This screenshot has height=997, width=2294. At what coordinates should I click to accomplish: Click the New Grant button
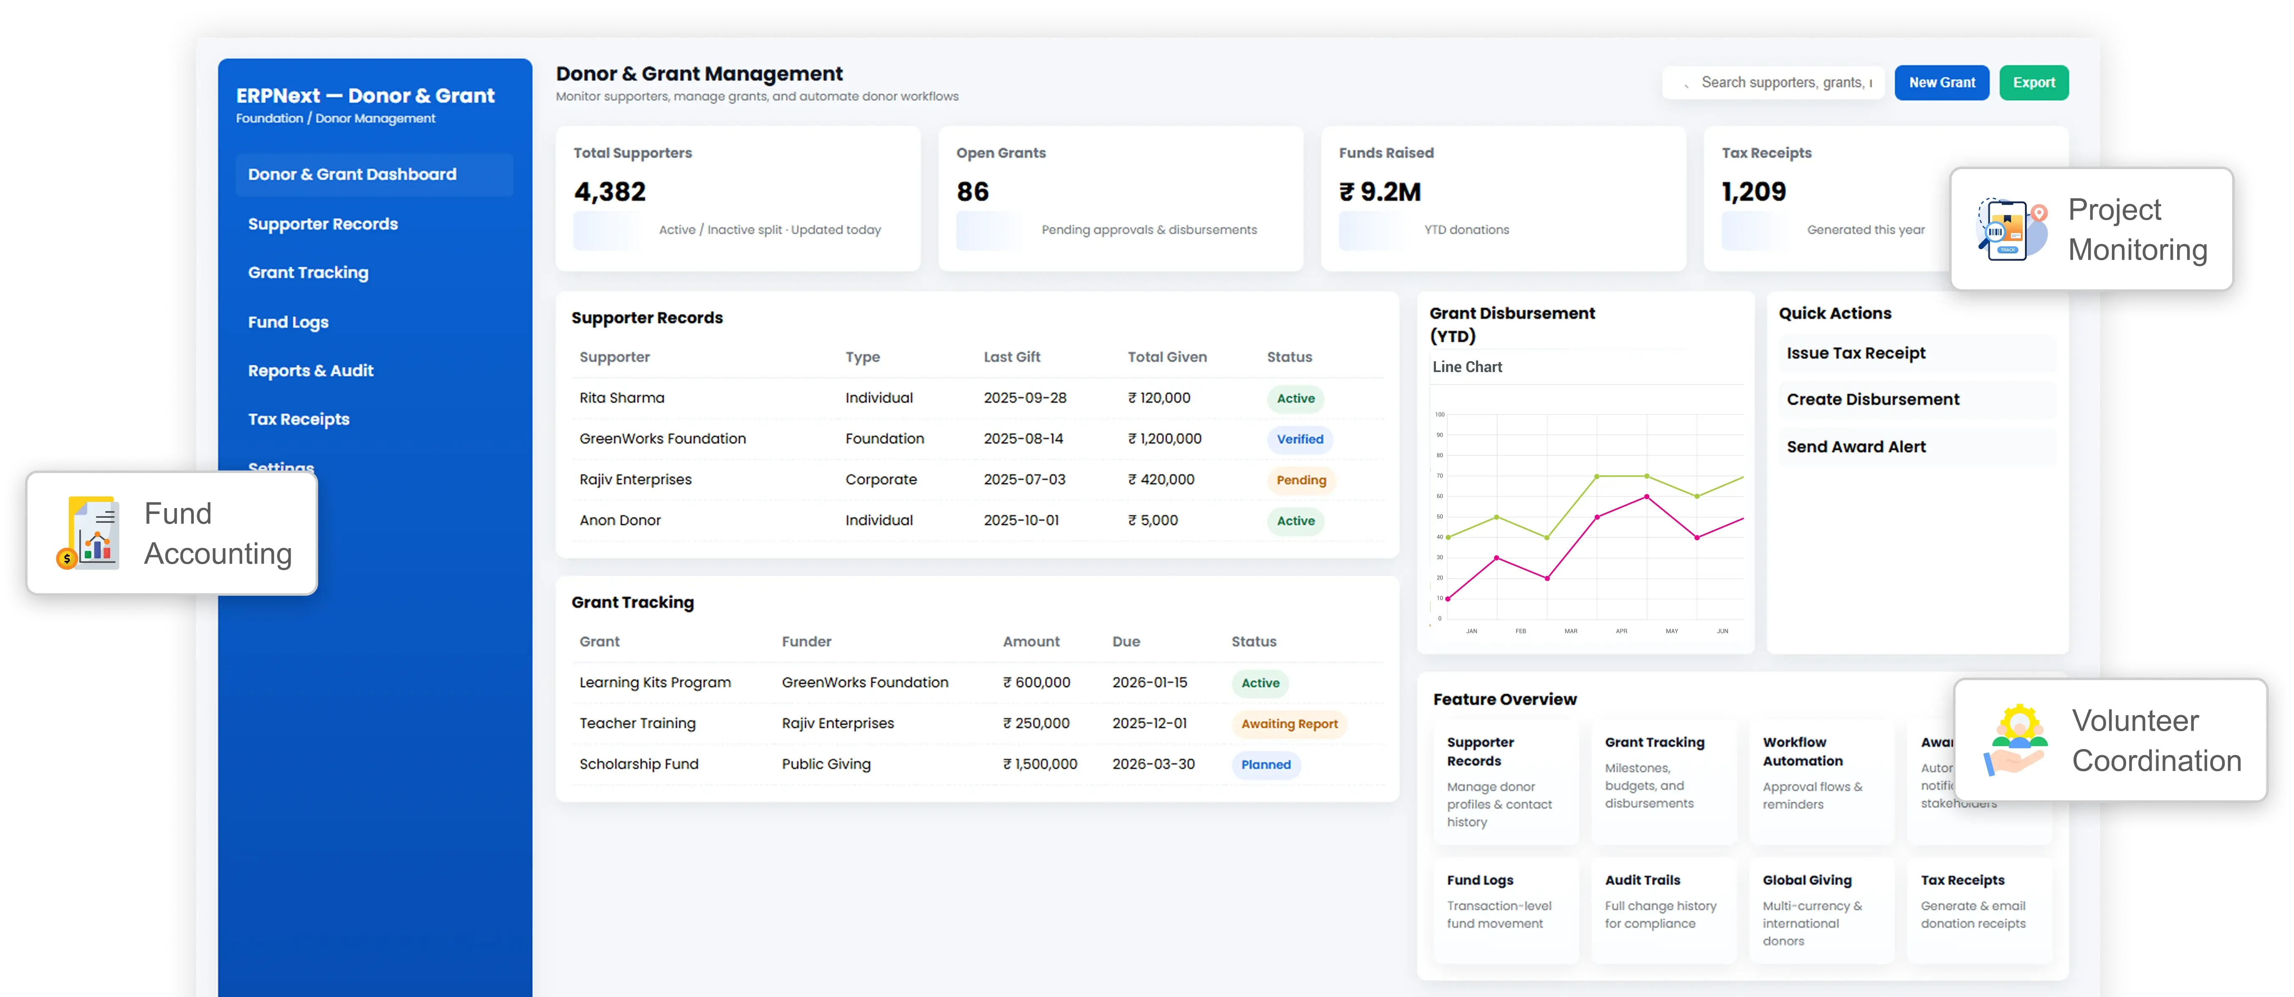[x=1941, y=83]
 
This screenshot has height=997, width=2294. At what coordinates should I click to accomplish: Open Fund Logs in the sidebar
[x=288, y=322]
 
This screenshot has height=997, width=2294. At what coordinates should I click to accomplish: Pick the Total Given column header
[x=1167, y=357]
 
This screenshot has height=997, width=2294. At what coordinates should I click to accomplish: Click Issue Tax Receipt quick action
[x=1856, y=353]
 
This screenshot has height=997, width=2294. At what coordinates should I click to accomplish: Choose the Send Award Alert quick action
[x=1856, y=447]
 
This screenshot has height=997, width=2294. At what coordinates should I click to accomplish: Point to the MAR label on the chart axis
[x=1571, y=631]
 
